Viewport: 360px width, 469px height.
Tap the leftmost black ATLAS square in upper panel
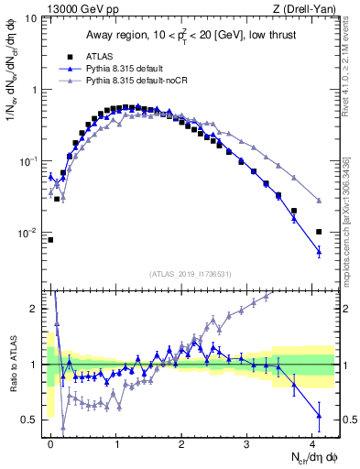coord(50,240)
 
